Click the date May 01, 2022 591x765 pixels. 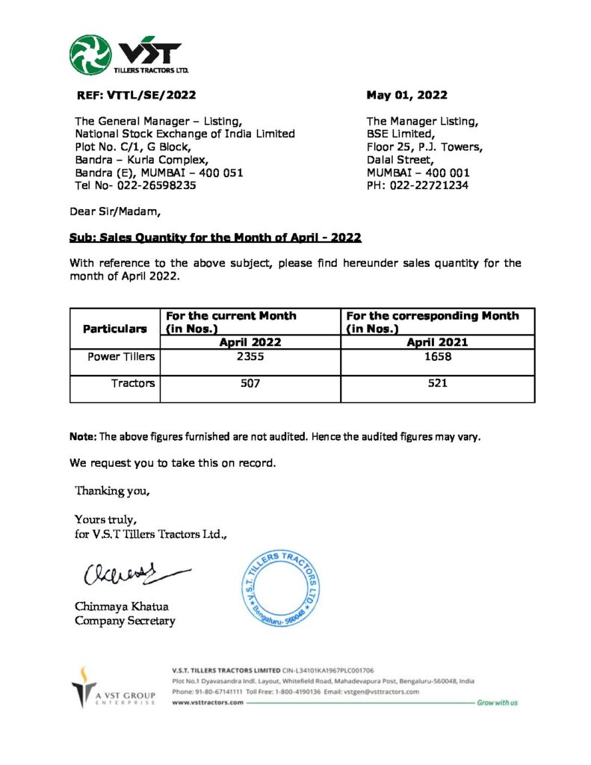click(x=406, y=95)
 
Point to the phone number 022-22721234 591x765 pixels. click(x=430, y=185)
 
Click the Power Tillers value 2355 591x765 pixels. click(x=249, y=356)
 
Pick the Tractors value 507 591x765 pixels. click(x=249, y=383)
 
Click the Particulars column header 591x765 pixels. click(x=114, y=328)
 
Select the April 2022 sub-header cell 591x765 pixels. click(x=249, y=342)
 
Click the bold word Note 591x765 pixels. click(x=82, y=436)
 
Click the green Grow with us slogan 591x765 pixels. click(x=497, y=703)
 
